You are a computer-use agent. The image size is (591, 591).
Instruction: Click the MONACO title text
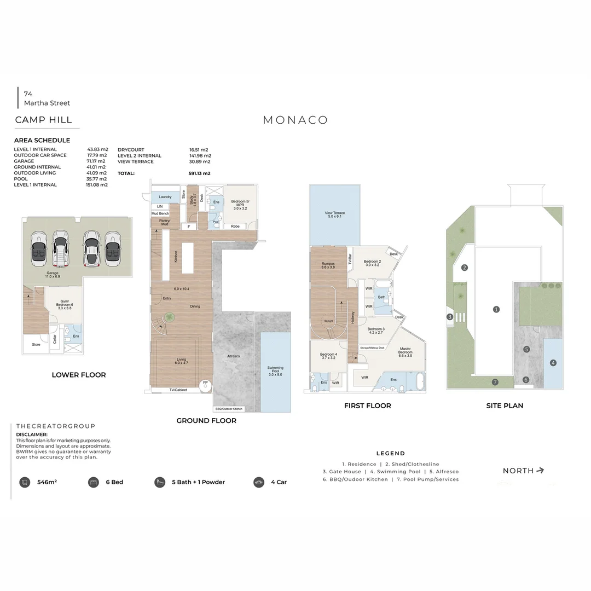[296, 120]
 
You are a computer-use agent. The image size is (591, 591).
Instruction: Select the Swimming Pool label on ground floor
[275, 370]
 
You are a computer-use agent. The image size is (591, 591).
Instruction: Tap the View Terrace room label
[334, 215]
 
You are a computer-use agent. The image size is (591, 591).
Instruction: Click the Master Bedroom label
[405, 352]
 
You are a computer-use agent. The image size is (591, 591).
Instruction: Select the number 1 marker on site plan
[496, 309]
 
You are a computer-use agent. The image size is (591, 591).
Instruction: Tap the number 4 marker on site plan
[553, 362]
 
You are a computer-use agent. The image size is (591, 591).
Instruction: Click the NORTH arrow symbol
[540, 470]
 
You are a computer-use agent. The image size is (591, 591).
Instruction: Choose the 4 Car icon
[259, 482]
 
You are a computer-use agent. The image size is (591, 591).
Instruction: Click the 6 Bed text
[114, 482]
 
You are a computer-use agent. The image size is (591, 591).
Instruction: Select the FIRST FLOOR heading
[367, 406]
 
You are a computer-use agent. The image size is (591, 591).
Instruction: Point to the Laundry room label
[165, 197]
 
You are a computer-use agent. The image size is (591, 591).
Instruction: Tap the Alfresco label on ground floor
[234, 356]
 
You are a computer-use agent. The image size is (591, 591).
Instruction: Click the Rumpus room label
[328, 266]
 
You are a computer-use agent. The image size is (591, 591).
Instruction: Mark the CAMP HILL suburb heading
[44, 120]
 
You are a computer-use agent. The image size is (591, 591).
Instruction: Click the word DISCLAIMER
[32, 434]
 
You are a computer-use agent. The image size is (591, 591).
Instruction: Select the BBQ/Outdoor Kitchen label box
[229, 409]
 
